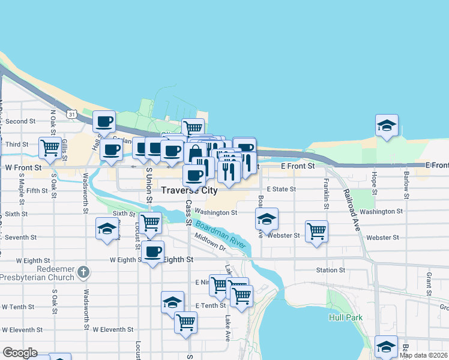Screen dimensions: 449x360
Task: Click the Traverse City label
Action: coord(189,190)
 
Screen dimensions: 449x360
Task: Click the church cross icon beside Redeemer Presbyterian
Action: coord(83,273)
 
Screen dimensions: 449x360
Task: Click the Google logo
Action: coord(20,353)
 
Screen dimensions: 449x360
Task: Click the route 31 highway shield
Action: coord(72,113)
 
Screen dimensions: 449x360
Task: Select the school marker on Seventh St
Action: coord(107,229)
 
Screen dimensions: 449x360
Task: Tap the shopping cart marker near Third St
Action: coord(50,146)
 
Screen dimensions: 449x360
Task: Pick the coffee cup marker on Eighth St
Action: coord(154,251)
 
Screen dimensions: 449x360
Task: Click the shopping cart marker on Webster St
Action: coord(316,230)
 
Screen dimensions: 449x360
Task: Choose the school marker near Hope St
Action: coord(387,125)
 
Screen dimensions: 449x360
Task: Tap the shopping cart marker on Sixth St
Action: coord(150,223)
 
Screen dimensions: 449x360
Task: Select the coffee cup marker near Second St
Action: coord(104,121)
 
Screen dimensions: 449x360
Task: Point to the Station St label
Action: coord(330,270)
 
